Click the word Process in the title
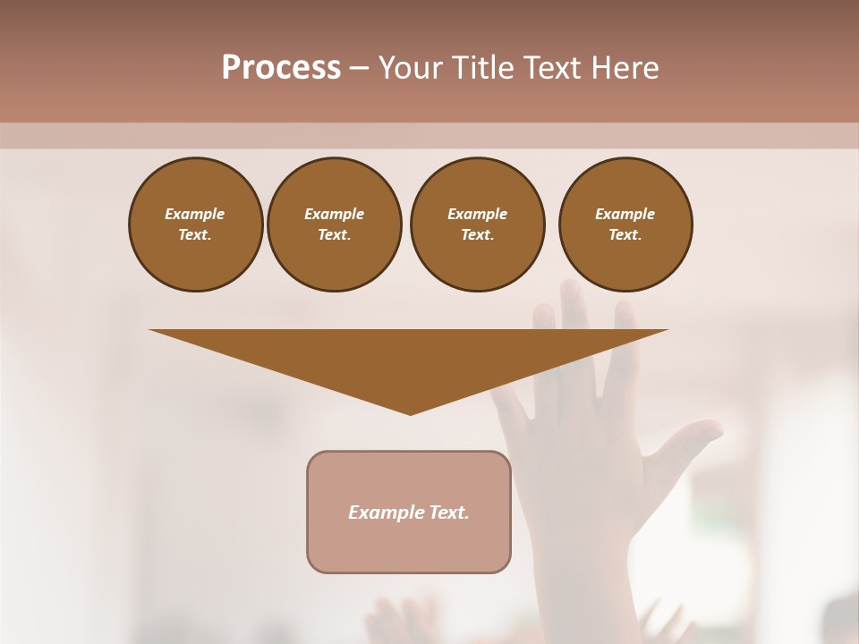(281, 68)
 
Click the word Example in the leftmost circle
(195, 214)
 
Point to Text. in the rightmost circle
(625, 234)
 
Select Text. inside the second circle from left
(334, 234)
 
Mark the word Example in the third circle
(477, 214)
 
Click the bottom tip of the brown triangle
(411, 412)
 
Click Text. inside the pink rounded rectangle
(447, 513)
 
